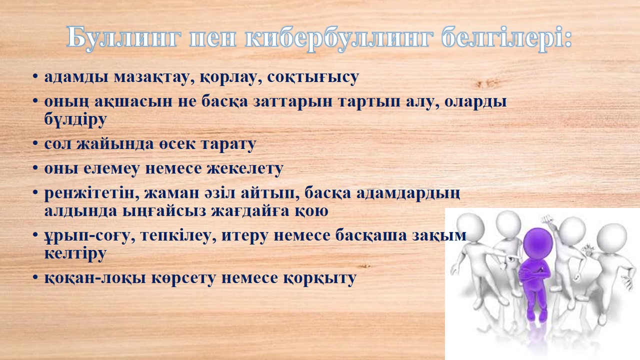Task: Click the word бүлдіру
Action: click(75, 119)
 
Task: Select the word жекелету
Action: click(245, 168)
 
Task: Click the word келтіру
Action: click(75, 253)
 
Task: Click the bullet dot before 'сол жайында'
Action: click(35, 143)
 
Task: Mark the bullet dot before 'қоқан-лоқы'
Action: click(35, 277)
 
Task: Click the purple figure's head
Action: click(537, 243)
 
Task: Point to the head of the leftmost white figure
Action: click(470, 228)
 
